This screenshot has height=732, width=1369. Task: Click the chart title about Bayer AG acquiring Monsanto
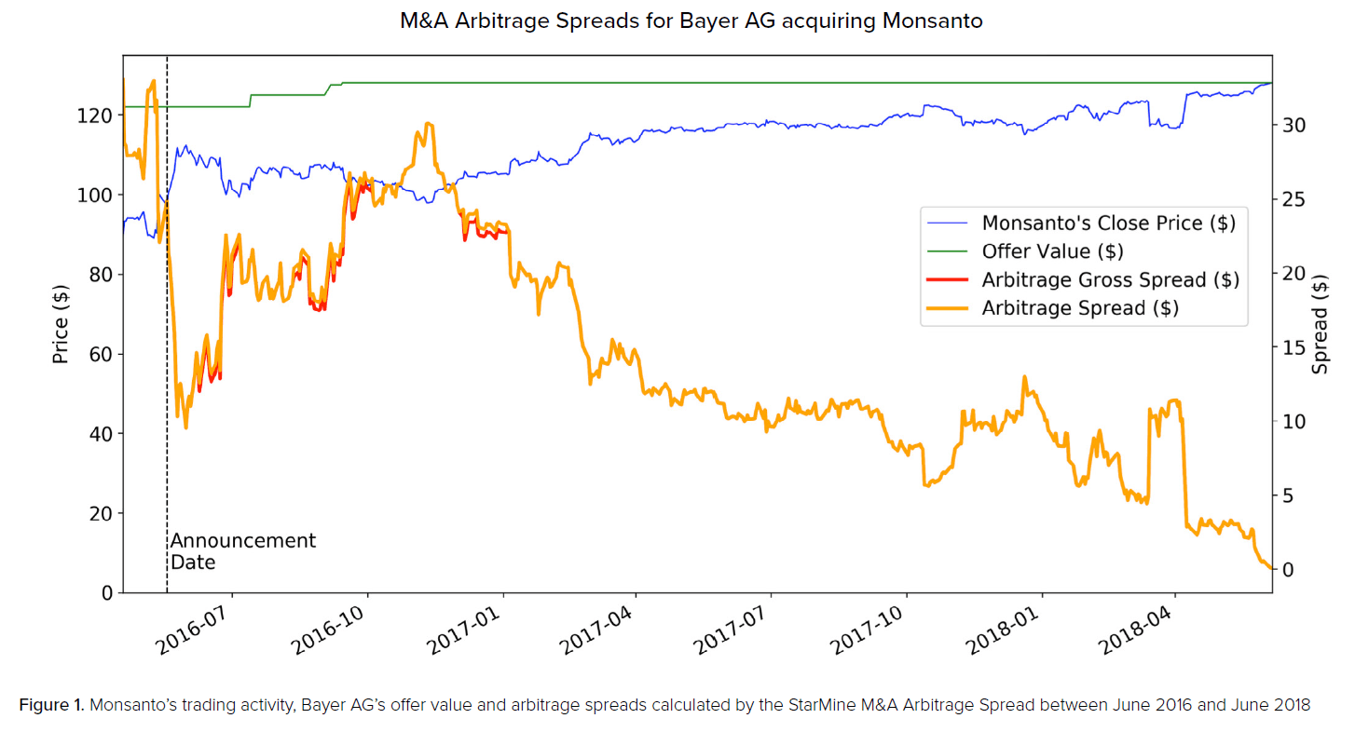[691, 20]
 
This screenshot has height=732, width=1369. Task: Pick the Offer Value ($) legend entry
[1052, 251]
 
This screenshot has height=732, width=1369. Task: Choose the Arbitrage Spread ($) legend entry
[1080, 308]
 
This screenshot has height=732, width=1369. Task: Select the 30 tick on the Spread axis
[1297, 125]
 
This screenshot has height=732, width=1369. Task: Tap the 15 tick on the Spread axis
[1297, 347]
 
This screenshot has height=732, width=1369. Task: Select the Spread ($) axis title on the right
[1321, 326]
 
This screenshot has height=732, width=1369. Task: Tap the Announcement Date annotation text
[242, 551]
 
